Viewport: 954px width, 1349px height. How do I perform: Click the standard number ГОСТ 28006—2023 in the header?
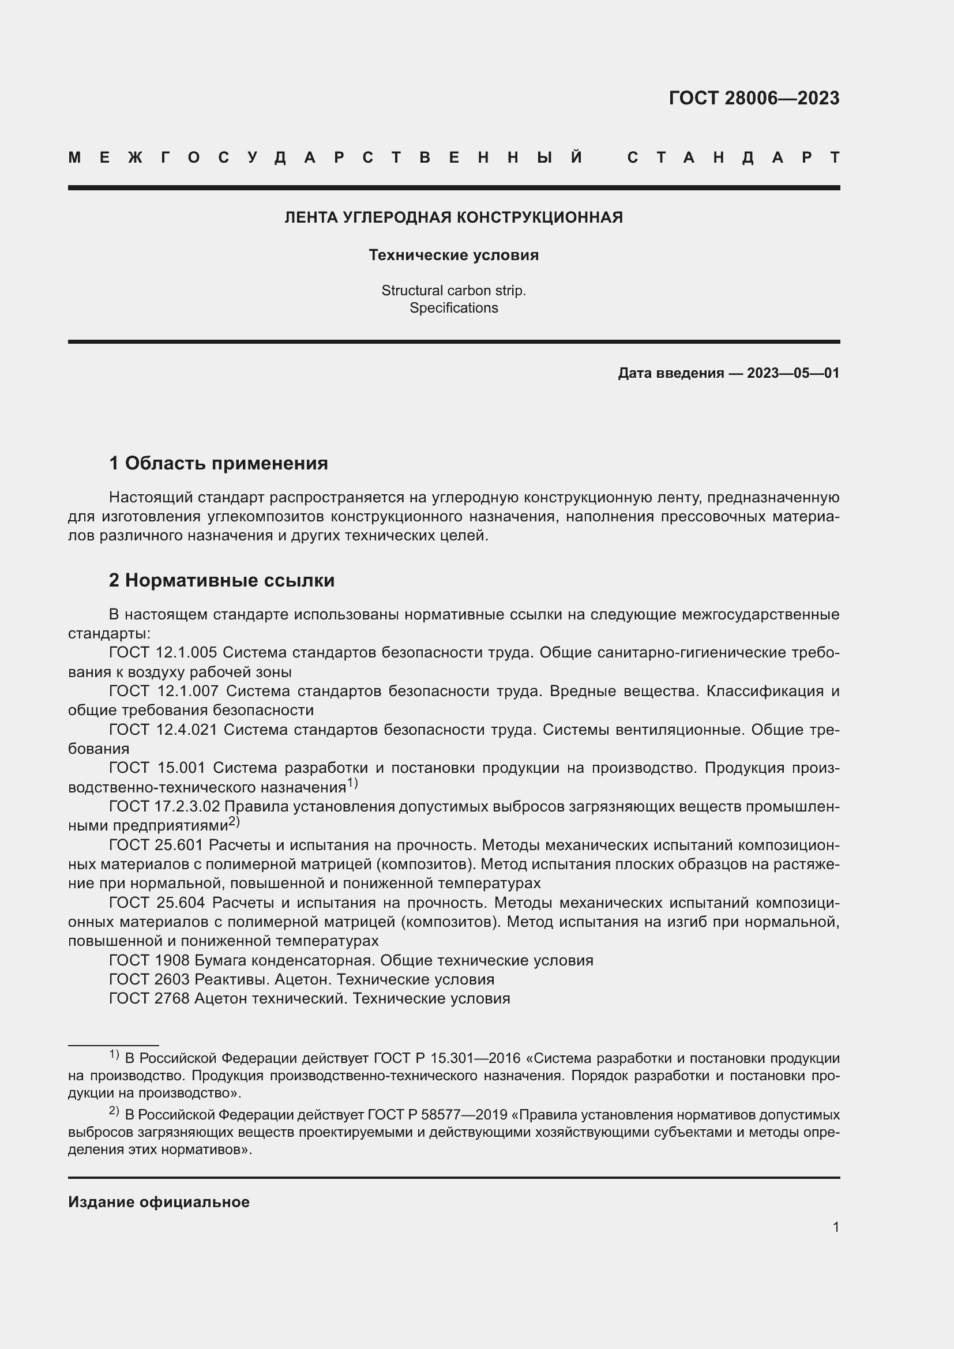[754, 97]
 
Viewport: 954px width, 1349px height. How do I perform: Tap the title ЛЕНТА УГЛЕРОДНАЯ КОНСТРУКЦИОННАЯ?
[453, 217]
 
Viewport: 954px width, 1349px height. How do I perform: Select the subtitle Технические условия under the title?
[453, 255]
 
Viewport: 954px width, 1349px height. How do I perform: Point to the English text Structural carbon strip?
[453, 290]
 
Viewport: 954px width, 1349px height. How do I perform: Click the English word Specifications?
[453, 308]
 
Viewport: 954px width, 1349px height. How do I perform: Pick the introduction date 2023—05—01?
[793, 373]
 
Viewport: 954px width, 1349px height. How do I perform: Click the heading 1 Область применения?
[219, 464]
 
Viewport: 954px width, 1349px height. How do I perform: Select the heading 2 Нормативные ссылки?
[221, 581]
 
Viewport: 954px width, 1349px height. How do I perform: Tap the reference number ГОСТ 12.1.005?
[163, 653]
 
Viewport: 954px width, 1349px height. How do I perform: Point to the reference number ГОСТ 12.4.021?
[163, 730]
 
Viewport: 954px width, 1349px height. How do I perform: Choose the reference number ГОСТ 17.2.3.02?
[164, 807]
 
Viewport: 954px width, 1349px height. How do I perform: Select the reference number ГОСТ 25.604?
[157, 903]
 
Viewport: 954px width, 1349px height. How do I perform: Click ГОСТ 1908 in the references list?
[149, 961]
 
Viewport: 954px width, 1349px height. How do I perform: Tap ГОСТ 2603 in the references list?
[149, 979]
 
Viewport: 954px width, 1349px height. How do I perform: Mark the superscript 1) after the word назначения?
[352, 783]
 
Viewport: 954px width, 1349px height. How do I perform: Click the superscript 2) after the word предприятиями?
[234, 821]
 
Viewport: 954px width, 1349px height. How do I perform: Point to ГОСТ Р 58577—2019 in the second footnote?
[437, 1115]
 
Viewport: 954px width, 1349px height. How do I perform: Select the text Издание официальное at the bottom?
[159, 1202]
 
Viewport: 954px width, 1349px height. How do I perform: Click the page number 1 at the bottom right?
[835, 1227]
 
